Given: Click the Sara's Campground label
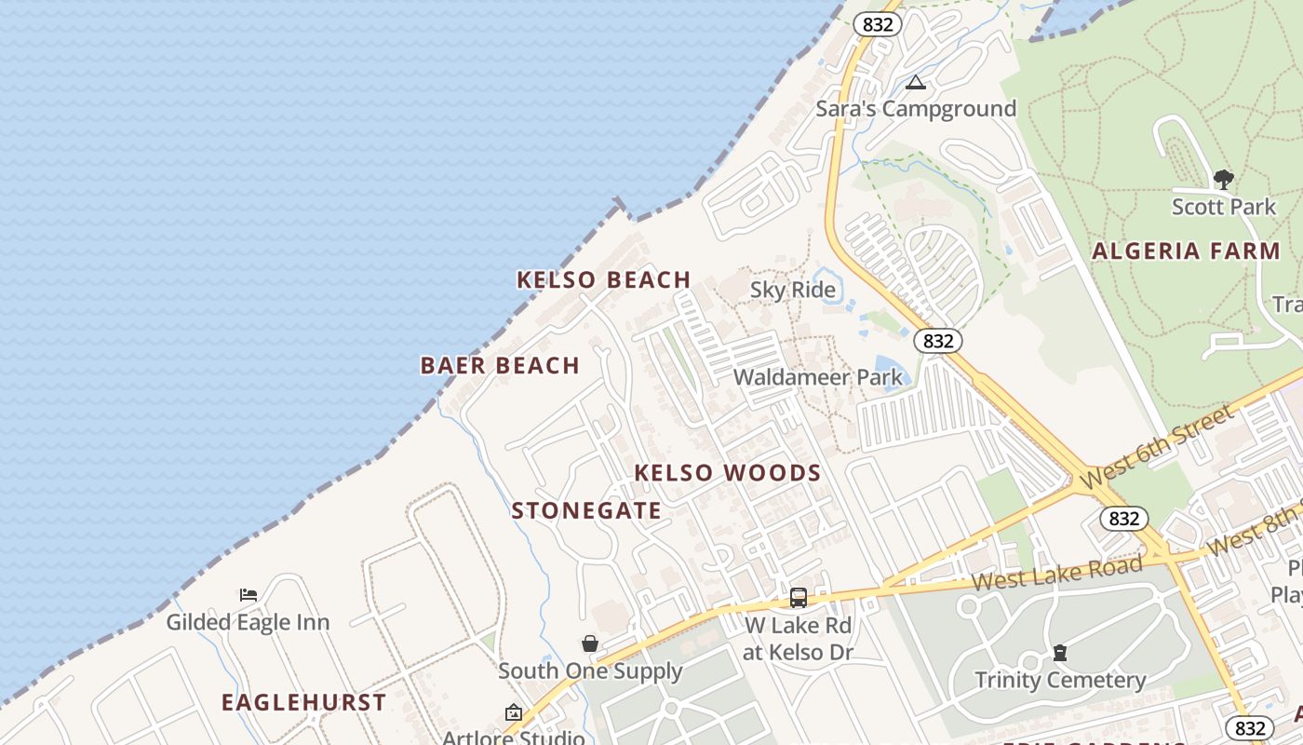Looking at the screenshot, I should pos(916,109).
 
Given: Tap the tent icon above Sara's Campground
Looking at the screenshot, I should pos(916,83).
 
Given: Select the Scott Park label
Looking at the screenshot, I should pos(1223,207).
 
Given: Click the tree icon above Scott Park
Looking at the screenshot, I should pos(1223,180).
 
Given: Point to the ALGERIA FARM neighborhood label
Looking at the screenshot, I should pos(1186,251).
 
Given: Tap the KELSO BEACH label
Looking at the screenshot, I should pos(603,279).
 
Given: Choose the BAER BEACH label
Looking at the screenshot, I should pos(500,366).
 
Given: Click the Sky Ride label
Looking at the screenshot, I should pos(792,291).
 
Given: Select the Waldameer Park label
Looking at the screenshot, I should pos(817,377).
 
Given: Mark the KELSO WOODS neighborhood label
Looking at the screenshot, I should pos(728,473).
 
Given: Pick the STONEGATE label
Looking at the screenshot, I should pos(586,511).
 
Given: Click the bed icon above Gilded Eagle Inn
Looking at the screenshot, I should pos(248,595).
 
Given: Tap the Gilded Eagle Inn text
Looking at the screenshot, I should pos(248,622).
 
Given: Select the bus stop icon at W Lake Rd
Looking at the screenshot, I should pos(798,598).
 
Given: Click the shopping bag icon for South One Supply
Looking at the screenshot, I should pos(589,643).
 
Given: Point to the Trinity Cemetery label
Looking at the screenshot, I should pos(1059,681).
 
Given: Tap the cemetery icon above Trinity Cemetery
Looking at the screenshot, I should pos(1059,653).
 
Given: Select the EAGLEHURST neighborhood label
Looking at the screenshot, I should pos(303,703).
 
